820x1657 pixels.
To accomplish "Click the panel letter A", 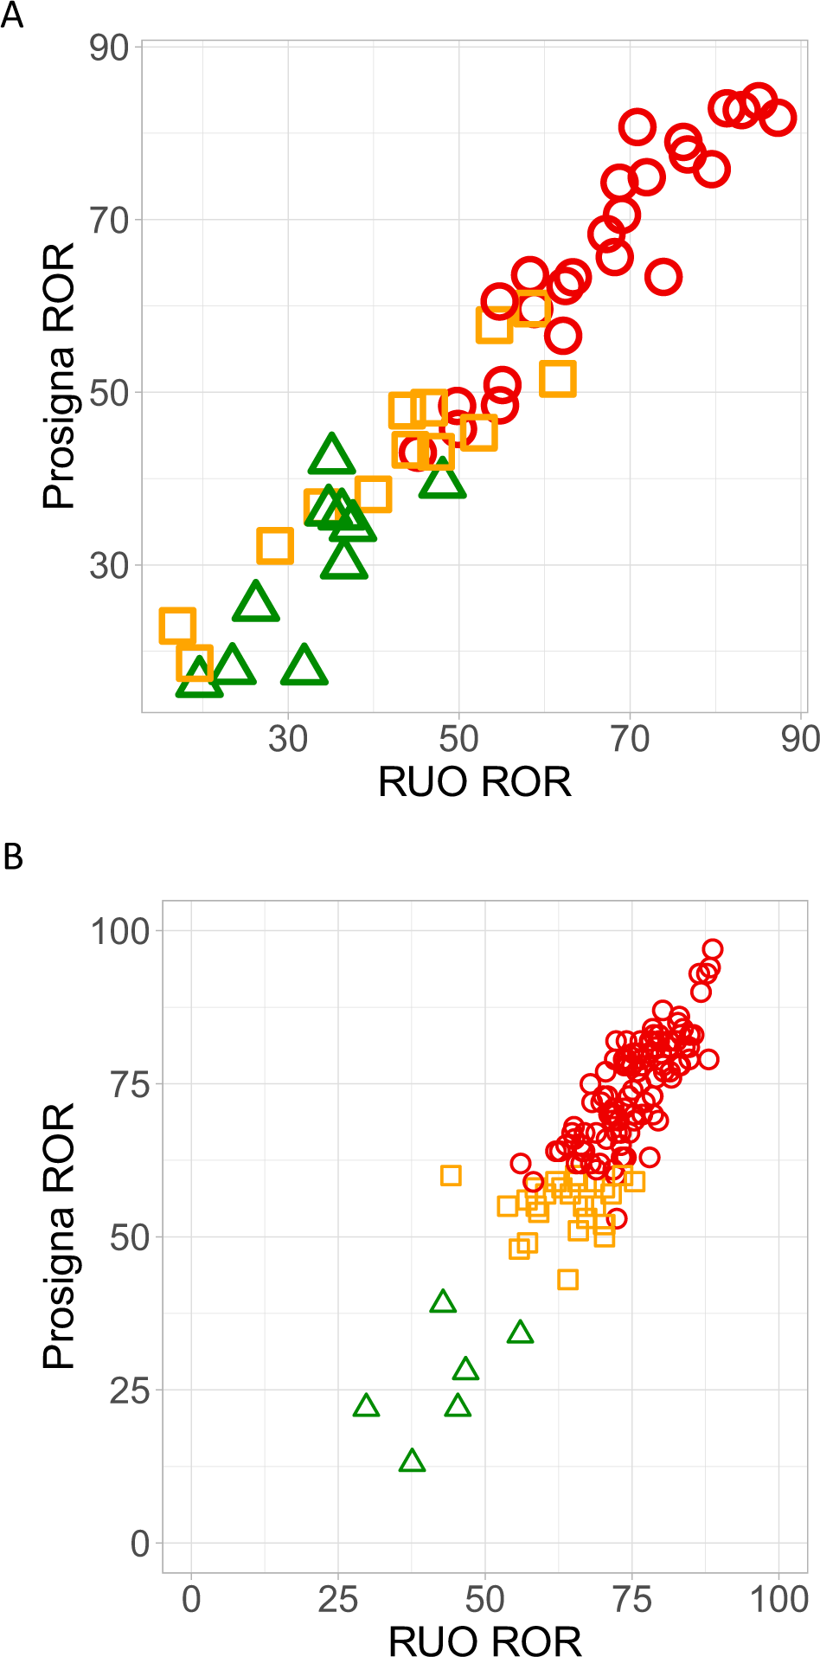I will coord(11,15).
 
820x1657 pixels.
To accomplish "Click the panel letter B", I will coord(12,857).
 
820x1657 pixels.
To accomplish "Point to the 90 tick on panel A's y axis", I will coord(109,48).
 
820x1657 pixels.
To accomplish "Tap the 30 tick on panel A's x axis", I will coord(287,739).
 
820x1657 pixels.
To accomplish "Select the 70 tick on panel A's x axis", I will coord(630,739).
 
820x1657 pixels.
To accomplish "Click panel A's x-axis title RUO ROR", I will coord(474,782).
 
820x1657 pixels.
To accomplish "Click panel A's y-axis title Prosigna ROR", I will coord(59,376).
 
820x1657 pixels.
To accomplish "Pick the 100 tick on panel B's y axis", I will coord(119,931).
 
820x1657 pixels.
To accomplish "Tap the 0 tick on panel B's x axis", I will coord(190,1600).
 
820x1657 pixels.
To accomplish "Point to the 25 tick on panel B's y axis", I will coord(129,1390).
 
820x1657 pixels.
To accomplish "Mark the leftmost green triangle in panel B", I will coord(367,1406).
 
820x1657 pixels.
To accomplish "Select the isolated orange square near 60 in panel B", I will coord(451,1175).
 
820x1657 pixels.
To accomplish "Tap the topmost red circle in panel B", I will coord(712,949).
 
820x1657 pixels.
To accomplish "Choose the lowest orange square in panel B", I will coord(567,1280).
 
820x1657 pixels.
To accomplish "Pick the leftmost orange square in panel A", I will coord(177,625).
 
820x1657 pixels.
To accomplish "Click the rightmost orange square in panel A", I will coord(558,379).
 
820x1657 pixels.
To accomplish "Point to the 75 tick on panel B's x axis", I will coord(631,1600).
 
